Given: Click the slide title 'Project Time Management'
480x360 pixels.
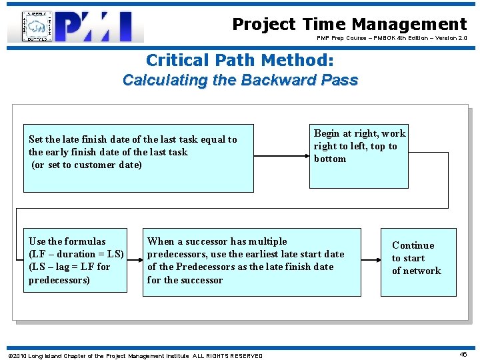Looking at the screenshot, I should click(x=349, y=25).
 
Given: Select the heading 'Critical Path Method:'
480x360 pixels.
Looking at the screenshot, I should click(x=240, y=61).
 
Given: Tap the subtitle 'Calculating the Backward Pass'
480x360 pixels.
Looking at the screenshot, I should click(x=240, y=81).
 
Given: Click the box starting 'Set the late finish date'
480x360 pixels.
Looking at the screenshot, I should click(x=138, y=158).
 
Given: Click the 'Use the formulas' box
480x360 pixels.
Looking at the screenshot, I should click(x=75, y=260).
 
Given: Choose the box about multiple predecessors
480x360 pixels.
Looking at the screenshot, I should click(x=251, y=262).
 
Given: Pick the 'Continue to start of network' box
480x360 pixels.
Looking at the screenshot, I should click(x=419, y=262).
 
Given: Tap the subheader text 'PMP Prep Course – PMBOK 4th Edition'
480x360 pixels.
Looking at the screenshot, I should click(x=391, y=39).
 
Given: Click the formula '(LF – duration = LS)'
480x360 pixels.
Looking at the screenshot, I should click(x=76, y=254).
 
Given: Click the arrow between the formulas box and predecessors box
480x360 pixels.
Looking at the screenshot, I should click(x=135, y=261).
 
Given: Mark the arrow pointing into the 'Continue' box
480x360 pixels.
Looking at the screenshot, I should click(x=371, y=261).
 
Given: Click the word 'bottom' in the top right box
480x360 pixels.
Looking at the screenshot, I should click(x=330, y=159).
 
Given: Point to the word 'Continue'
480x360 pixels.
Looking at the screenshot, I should click(x=413, y=245).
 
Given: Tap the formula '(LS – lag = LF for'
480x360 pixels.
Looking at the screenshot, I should click(x=69, y=267).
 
